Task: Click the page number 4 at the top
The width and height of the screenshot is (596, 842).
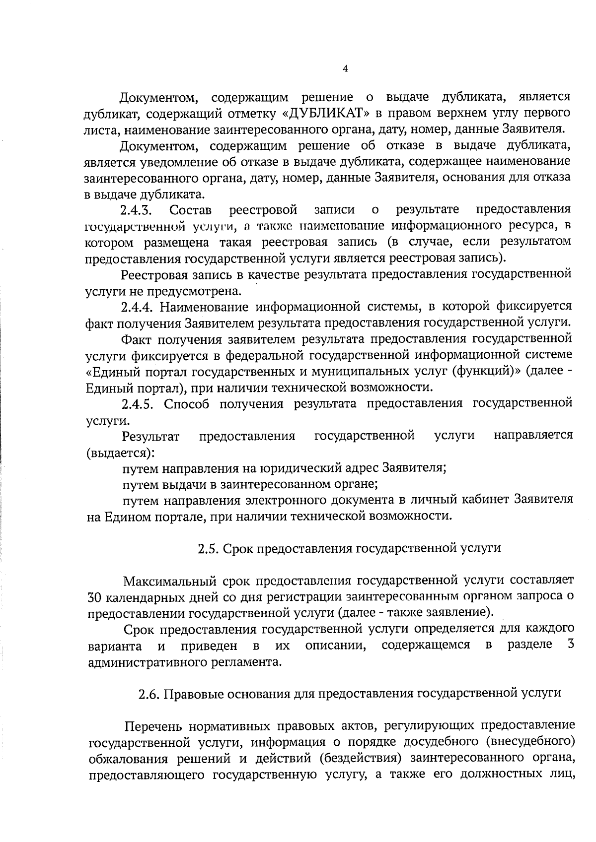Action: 345,69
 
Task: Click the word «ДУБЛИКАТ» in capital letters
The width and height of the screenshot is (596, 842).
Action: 325,113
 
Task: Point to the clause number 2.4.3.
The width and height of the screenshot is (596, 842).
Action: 136,210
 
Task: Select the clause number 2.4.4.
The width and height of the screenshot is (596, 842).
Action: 138,307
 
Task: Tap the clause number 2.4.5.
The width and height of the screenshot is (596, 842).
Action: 138,404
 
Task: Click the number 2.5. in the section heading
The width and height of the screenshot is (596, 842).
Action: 207,549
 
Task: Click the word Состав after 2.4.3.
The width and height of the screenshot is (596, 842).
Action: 190,210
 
